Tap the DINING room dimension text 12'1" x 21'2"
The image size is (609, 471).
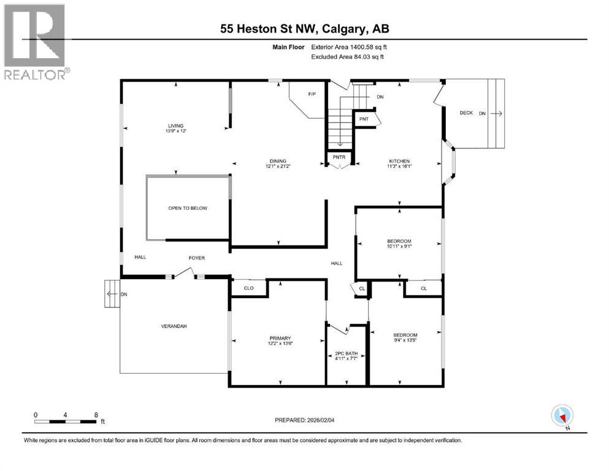click(x=275, y=166)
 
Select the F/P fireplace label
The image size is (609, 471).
click(x=311, y=94)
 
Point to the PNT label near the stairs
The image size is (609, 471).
click(x=364, y=119)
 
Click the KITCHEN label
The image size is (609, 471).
click(x=398, y=161)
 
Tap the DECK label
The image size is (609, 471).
click(x=466, y=113)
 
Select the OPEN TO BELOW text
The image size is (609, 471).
click(x=188, y=208)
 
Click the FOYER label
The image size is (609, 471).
click(x=196, y=258)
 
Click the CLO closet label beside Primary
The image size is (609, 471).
click(x=248, y=287)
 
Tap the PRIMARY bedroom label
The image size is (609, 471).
click(x=279, y=337)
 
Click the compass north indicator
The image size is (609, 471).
click(x=561, y=416)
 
